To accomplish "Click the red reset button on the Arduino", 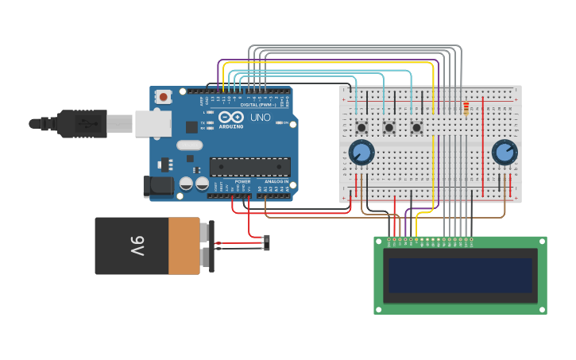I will click(164, 97).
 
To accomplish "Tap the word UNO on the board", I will click(261, 118).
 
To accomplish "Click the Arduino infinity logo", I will click(232, 117).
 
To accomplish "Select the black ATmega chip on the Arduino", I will click(249, 167).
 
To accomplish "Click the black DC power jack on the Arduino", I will click(157, 187).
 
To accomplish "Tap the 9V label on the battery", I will click(137, 246).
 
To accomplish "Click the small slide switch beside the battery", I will click(266, 242).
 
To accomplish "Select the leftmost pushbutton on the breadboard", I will click(361, 127).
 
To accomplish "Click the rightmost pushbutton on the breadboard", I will click(416, 127).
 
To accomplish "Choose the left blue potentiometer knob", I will click(361, 152).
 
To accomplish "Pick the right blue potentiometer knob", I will click(504, 152).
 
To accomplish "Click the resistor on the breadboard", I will click(466, 108).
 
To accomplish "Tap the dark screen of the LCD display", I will click(460, 275).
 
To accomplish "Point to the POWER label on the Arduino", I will click(242, 181).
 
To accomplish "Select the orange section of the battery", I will click(184, 246).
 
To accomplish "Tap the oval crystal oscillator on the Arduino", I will click(191, 145).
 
